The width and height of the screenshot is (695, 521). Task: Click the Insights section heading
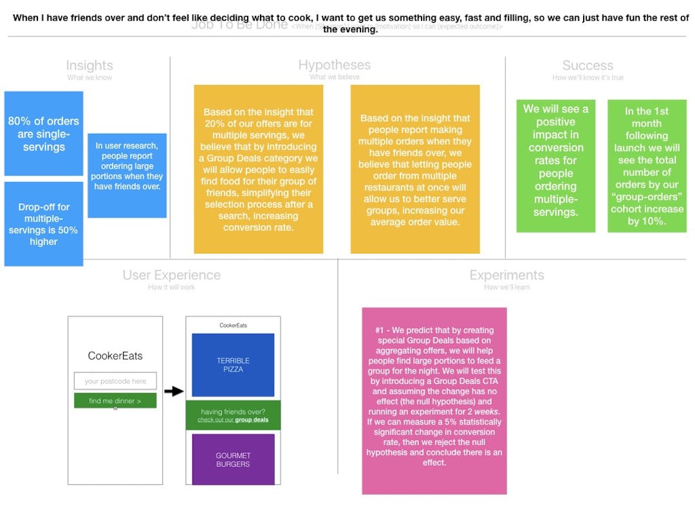pyautogui.click(x=89, y=66)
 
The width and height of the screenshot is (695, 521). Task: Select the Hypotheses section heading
pyautogui.click(x=334, y=65)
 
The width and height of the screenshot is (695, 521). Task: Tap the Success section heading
pyautogui.click(x=588, y=66)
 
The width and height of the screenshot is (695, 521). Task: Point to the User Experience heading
pyautogui.click(x=171, y=275)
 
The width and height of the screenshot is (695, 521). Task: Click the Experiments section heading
pyautogui.click(x=506, y=275)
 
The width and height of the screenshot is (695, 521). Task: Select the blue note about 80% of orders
pyautogui.click(x=44, y=134)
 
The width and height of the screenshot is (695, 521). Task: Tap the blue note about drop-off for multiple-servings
pyautogui.click(x=44, y=224)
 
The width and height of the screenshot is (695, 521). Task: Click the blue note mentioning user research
pyautogui.click(x=127, y=175)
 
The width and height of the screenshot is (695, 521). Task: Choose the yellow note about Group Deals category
pyautogui.click(x=258, y=169)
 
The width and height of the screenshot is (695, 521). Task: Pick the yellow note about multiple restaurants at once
pyautogui.click(x=415, y=169)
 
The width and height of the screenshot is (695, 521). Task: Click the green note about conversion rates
pyautogui.click(x=556, y=165)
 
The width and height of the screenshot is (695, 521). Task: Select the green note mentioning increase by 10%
pyautogui.click(x=647, y=165)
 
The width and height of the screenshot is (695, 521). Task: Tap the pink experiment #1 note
pyautogui.click(x=434, y=401)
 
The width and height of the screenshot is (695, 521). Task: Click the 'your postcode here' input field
pyautogui.click(x=115, y=381)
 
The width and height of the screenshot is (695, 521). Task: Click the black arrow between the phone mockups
pyautogui.click(x=174, y=391)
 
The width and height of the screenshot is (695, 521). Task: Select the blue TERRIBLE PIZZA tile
pyautogui.click(x=233, y=365)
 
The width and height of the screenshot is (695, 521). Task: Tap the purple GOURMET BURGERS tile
pyautogui.click(x=233, y=459)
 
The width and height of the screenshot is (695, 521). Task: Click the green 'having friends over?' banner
pyautogui.click(x=233, y=416)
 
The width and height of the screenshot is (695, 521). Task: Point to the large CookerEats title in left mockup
pyautogui.click(x=115, y=356)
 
